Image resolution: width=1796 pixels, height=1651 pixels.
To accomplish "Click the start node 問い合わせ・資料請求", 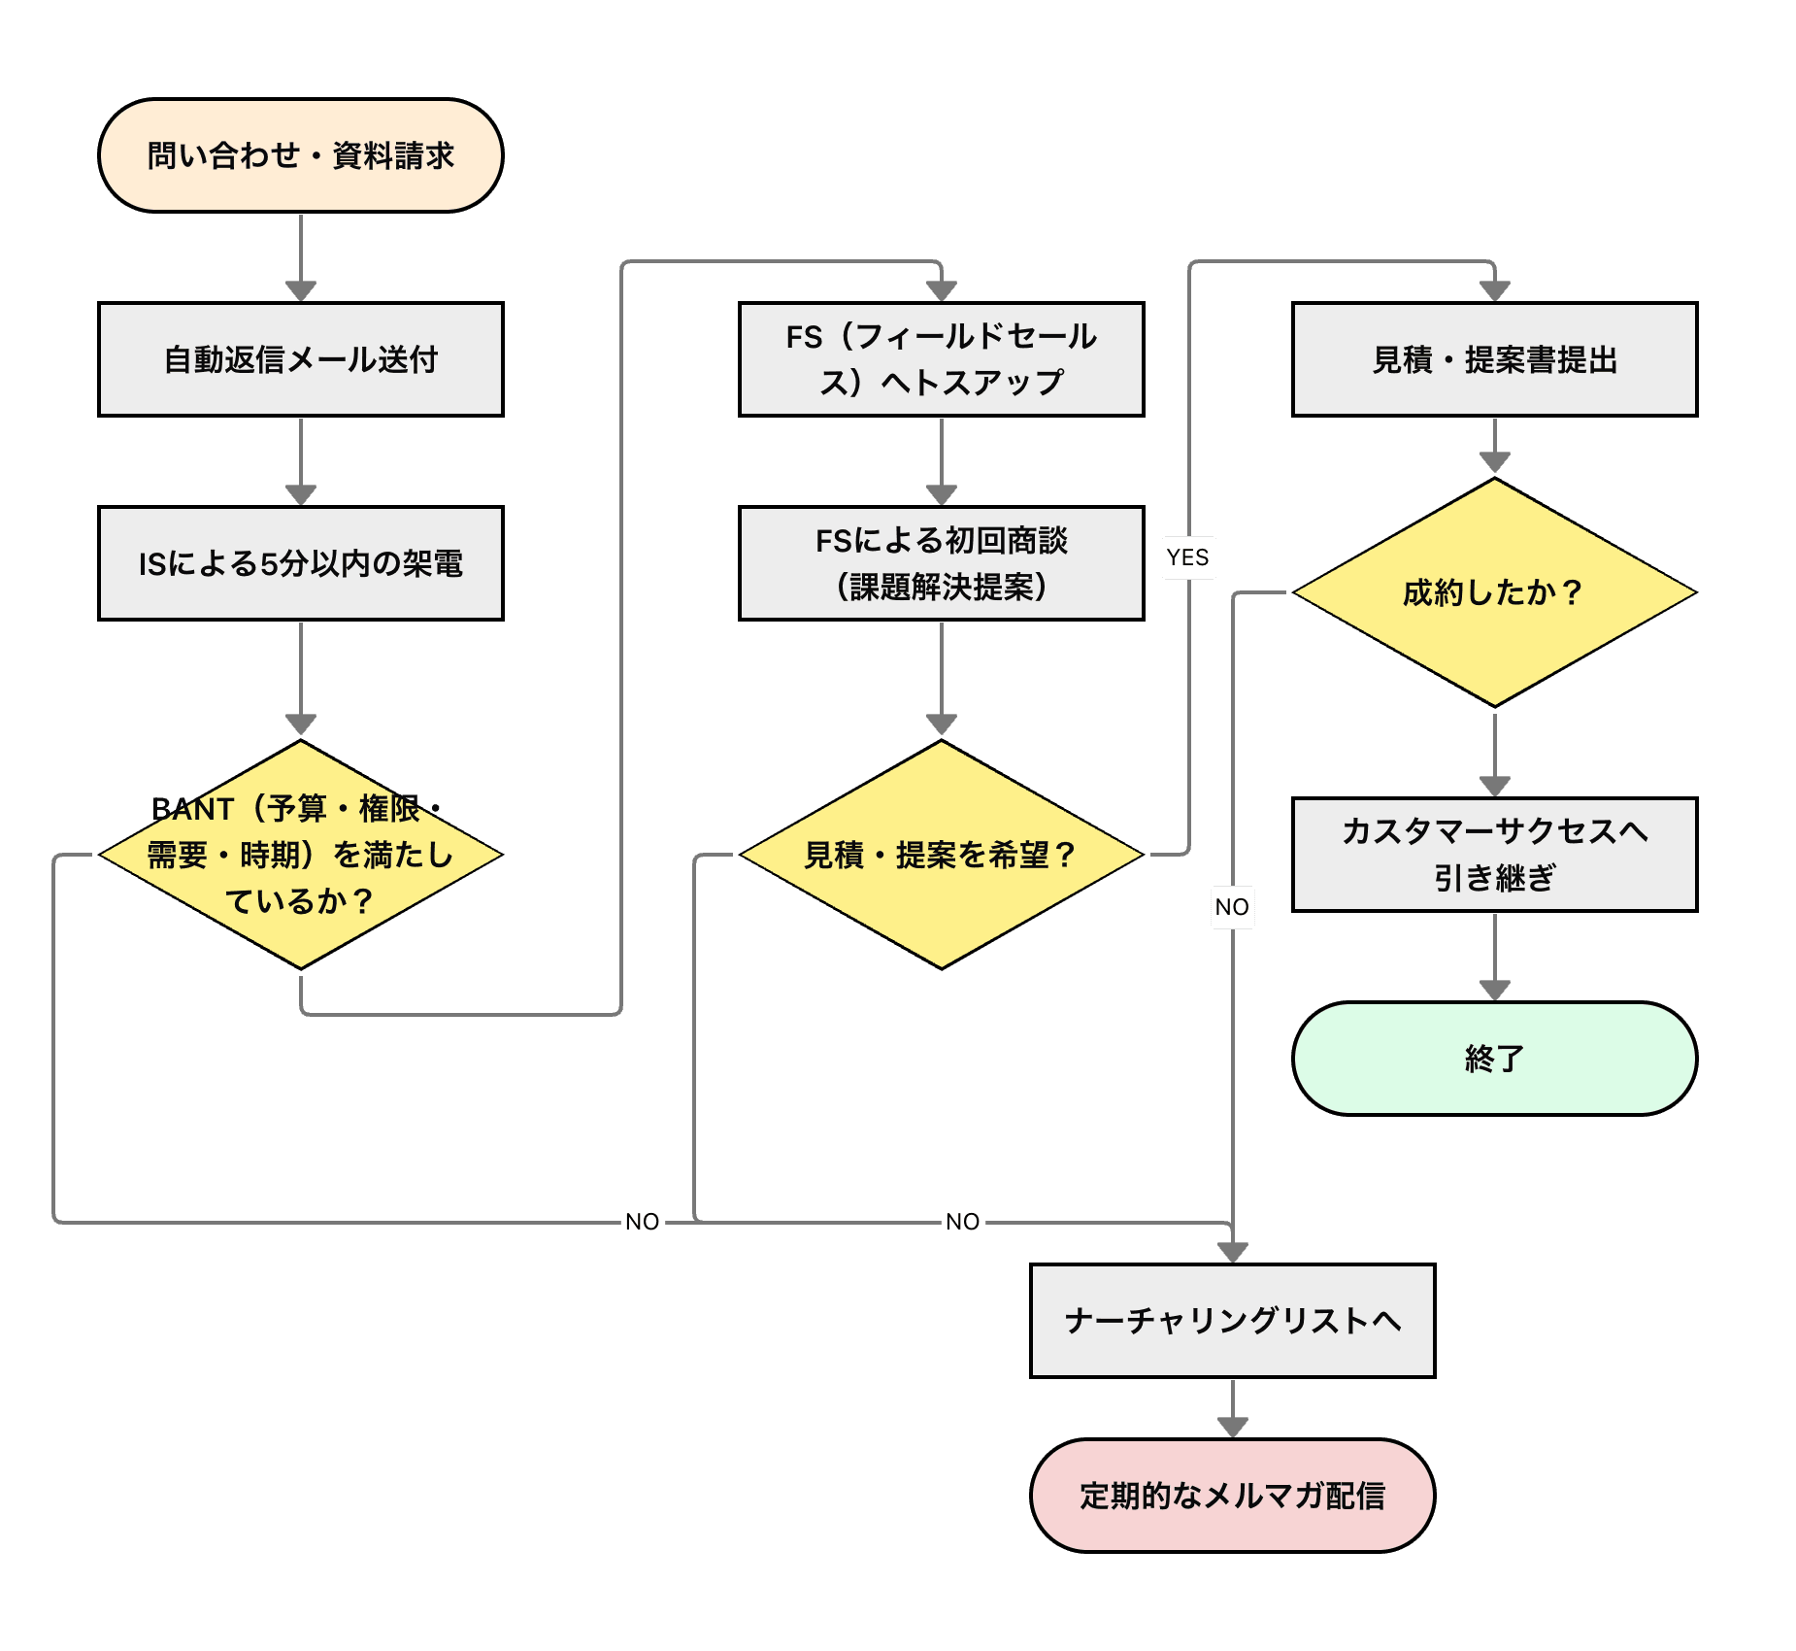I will coord(301,155).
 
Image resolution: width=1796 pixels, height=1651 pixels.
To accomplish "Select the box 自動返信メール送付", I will coord(301,359).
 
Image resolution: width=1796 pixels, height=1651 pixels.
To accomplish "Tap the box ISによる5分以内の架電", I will coord(301,563).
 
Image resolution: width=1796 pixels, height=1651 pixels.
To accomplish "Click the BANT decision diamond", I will coord(301,855).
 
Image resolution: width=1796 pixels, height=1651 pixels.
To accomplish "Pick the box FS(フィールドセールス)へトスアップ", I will coord(942,359).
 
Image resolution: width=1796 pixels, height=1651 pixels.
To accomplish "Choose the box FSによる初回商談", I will coord(942,563).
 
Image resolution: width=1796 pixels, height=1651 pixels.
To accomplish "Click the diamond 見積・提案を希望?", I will coord(942,855).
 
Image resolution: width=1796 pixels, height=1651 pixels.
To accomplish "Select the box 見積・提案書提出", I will coord(1495,359).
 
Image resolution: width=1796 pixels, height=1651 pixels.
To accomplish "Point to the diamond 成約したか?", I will coord(1495,592).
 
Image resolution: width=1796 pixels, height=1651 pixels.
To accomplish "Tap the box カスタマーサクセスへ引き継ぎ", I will coord(1495,855).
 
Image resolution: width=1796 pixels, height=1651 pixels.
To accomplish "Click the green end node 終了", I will coord(1495,1059).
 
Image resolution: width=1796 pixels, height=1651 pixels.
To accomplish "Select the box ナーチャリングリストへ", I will coord(1233,1321).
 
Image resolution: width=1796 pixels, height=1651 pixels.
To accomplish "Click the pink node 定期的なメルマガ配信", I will coord(1233,1496).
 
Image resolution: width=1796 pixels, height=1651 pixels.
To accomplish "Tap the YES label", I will coord(1188,557).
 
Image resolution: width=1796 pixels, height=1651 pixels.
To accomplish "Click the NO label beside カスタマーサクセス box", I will coord(1232,907).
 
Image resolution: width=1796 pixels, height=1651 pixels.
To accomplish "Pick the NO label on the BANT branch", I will coord(643,1222).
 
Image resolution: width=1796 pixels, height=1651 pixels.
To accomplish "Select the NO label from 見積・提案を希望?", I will coord(963,1222).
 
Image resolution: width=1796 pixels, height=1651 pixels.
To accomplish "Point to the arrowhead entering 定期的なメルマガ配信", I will coord(1233,1427).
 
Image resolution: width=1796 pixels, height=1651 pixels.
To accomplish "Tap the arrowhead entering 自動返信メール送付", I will coord(301,290).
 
